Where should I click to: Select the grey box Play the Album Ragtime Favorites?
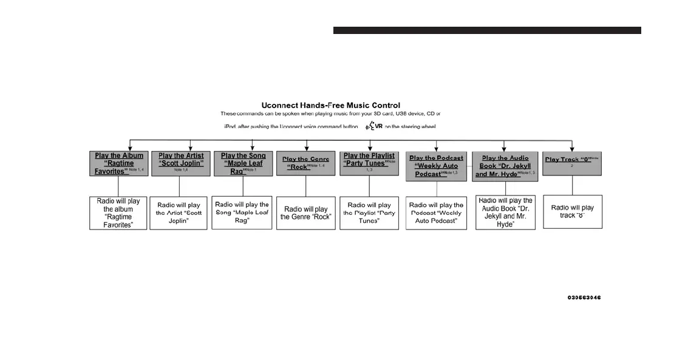[118, 163]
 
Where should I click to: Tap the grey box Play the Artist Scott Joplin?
[179, 163]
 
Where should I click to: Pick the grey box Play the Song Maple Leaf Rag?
[243, 163]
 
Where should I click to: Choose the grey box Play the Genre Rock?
[307, 163]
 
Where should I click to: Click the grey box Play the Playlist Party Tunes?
[369, 163]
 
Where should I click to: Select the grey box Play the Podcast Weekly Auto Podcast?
[436, 166]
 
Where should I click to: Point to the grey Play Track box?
[572, 163]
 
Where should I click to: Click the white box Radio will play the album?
[118, 213]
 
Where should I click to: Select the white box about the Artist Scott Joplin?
[179, 213]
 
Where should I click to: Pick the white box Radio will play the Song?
[242, 213]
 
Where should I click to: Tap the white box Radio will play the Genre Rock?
[306, 213]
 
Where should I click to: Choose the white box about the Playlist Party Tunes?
[369, 213]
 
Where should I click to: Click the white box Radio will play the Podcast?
[436, 213]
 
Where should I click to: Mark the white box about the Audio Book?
[505, 212]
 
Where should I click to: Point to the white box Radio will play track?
[572, 211]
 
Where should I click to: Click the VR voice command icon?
[373, 126]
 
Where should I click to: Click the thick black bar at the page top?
[487, 30]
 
